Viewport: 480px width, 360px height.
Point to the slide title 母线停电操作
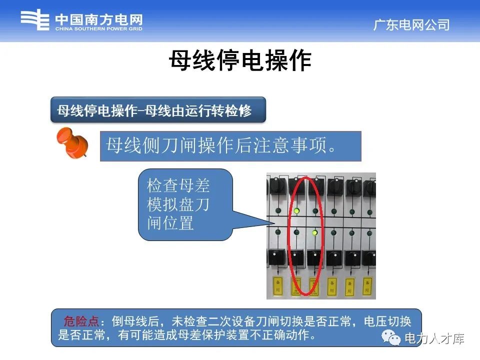pyautogui.click(x=240, y=61)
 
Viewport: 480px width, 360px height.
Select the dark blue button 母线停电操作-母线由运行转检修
pyautogui.click(x=157, y=110)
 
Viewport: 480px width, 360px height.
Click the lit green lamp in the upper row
pyautogui.click(x=296, y=210)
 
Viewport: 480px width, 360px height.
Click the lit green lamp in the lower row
pyautogui.click(x=314, y=232)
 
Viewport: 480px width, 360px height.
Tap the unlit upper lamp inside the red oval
pyautogui.click(x=314, y=210)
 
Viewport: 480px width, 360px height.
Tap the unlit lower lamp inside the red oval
pyautogui.click(x=296, y=232)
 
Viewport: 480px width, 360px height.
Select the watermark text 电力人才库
pyautogui.click(x=434, y=339)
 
